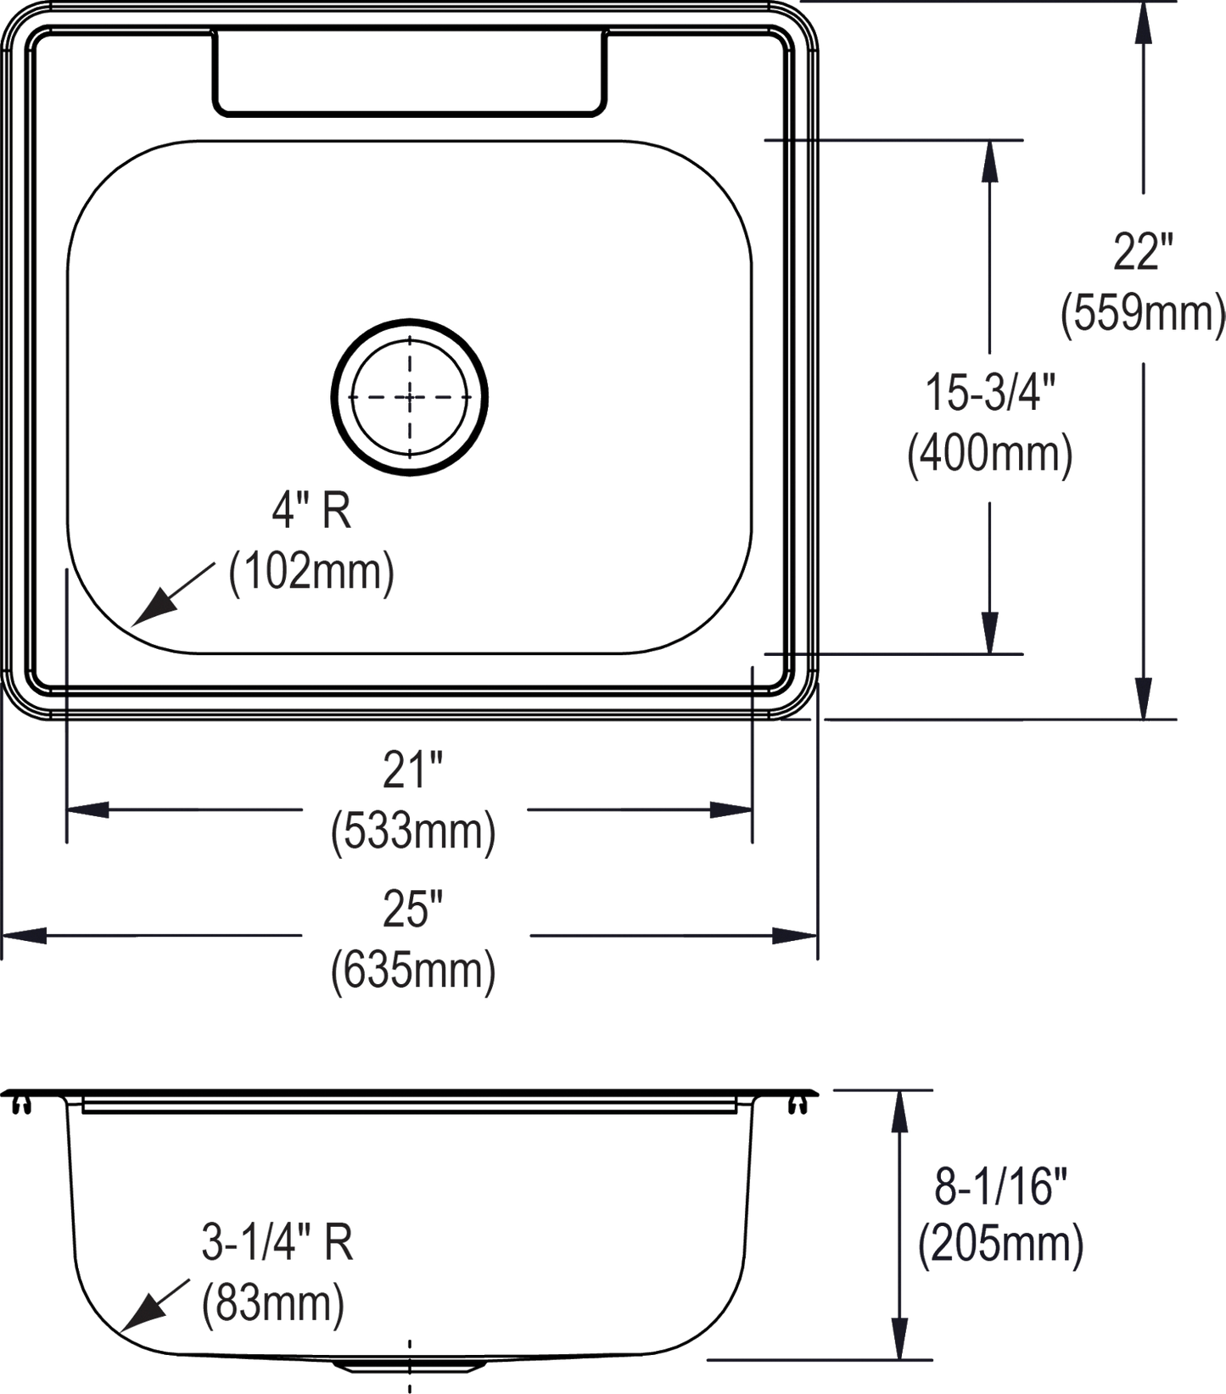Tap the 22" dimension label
coord(1143,252)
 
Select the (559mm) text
coord(1143,312)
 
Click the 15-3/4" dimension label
coord(989,393)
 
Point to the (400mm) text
coord(989,453)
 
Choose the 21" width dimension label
coord(413,770)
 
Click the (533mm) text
coord(413,831)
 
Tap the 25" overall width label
coord(413,910)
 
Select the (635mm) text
coord(413,970)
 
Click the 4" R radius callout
coord(311,511)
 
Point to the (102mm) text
coord(311,571)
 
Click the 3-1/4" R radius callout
coord(277,1242)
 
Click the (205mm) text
coord(1000,1245)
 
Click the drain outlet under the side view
coord(410,1365)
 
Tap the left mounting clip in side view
coord(22,1102)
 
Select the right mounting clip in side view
coord(797,1102)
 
